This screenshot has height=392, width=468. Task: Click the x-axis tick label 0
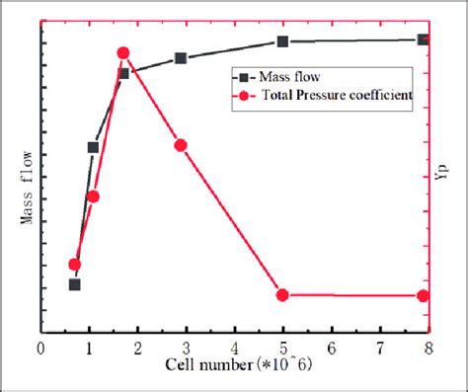click(40, 349)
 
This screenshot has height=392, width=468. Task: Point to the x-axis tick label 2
click(137, 349)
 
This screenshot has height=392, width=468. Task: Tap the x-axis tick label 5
click(282, 349)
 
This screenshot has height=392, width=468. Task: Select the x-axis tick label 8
click(428, 349)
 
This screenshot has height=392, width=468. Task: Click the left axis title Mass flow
click(26, 189)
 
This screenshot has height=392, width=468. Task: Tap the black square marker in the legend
click(243, 76)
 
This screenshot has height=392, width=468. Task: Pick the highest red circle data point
click(123, 53)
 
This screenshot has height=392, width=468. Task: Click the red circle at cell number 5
click(282, 294)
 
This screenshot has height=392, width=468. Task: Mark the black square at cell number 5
click(282, 41)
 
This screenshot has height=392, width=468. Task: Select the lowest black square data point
click(74, 284)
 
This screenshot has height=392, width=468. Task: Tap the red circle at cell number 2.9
click(181, 145)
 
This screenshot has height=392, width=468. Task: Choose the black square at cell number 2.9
click(181, 58)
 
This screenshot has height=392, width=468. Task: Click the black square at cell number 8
click(424, 39)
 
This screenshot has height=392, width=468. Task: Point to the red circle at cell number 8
click(424, 295)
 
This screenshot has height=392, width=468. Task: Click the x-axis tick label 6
click(331, 349)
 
